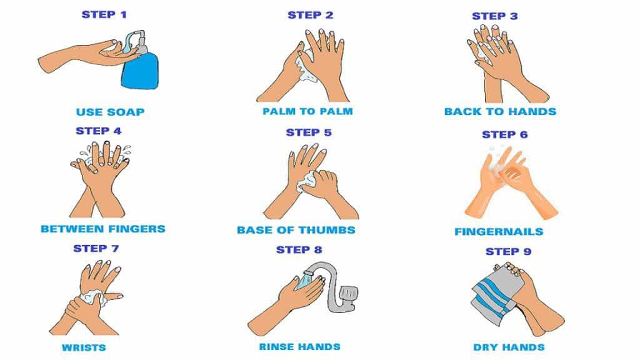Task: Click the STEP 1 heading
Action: click(x=108, y=14)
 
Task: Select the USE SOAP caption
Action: click(x=110, y=112)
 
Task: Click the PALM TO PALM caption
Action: click(x=307, y=112)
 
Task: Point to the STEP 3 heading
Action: click(x=494, y=16)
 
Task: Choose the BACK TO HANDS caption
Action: click(x=500, y=112)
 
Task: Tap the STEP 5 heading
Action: click(x=309, y=132)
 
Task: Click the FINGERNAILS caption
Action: click(x=499, y=232)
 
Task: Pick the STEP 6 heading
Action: click(x=504, y=134)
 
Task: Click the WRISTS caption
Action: click(x=83, y=347)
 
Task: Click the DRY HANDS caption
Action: click(x=508, y=347)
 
